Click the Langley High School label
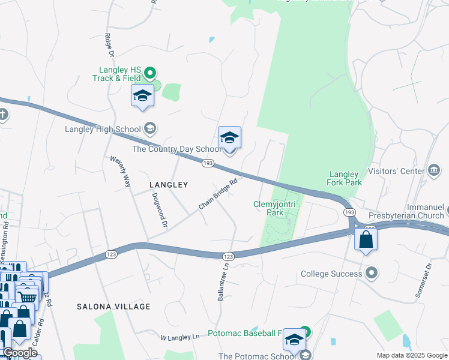click(103, 128)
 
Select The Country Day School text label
click(176, 149)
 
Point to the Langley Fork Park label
click(344, 178)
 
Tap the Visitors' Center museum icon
click(434, 171)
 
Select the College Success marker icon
click(372, 274)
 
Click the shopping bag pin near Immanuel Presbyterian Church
click(366, 240)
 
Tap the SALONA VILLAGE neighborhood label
click(113, 307)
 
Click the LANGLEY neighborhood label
click(169, 185)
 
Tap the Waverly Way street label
click(120, 172)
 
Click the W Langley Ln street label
click(179, 337)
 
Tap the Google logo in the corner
click(20, 353)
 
